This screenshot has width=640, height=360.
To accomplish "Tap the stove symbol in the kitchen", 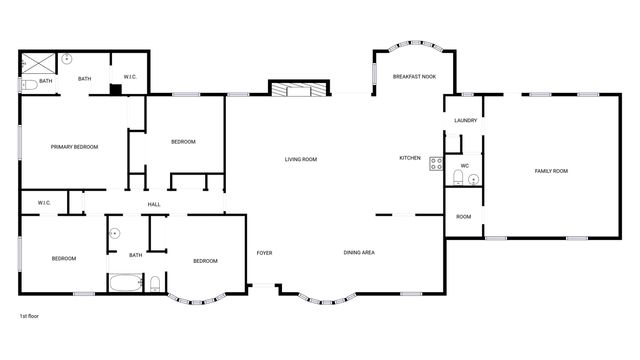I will click(x=436, y=163).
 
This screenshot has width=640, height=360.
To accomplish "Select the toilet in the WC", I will click(x=457, y=178).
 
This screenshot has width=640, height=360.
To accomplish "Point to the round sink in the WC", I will click(x=473, y=180).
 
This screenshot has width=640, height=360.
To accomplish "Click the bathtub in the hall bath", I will click(x=126, y=282).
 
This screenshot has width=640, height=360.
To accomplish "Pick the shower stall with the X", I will click(x=39, y=64).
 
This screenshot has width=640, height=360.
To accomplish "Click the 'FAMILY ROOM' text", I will click(x=551, y=171).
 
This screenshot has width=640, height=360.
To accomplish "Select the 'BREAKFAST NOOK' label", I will click(x=413, y=77).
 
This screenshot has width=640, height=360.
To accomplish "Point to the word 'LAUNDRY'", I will click(x=465, y=120).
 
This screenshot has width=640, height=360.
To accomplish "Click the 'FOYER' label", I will click(x=264, y=252).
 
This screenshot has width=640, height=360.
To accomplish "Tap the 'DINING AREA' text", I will click(x=359, y=252).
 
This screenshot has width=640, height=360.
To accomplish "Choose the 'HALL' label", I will click(x=154, y=205).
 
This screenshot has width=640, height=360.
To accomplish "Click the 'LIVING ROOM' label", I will click(x=301, y=159).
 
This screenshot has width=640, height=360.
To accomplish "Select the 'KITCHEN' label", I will click(x=410, y=158).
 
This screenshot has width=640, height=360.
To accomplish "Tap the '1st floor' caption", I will click(x=30, y=315).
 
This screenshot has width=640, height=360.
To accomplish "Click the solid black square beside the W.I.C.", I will click(x=115, y=90).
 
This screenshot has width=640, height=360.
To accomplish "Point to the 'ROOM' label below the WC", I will click(x=463, y=217).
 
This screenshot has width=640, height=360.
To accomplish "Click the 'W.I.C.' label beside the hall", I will click(x=44, y=203).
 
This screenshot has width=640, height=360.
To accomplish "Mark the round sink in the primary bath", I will click(x=67, y=59).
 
